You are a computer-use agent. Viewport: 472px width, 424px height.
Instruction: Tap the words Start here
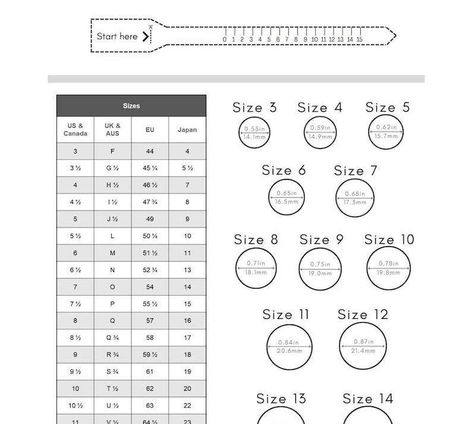117,36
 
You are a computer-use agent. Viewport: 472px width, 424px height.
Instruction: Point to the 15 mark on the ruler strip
359,40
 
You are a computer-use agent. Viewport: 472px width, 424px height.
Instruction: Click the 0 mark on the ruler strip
225,40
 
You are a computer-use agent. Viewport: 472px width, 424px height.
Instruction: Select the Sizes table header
131,106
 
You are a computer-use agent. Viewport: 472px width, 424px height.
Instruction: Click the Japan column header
187,129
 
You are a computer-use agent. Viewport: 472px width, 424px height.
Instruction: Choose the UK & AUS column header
112,129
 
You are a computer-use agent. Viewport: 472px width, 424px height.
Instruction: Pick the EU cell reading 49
150,219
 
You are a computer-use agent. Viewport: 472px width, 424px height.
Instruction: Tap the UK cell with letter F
112,151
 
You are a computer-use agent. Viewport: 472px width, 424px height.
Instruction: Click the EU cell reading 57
150,321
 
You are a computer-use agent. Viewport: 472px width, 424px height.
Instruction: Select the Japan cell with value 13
187,270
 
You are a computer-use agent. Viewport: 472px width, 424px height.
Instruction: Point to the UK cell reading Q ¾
112,337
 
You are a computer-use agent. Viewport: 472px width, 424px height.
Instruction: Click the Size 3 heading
254,107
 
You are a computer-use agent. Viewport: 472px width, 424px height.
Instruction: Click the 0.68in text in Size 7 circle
355,194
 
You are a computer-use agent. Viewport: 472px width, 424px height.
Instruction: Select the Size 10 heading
389,239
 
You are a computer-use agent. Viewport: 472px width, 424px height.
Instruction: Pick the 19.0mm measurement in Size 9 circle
320,273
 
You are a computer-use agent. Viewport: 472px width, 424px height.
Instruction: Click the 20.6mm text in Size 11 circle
290,351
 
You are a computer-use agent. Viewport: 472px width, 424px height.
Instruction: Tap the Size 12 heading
363,315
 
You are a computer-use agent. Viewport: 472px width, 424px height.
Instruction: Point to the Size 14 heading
368,398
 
